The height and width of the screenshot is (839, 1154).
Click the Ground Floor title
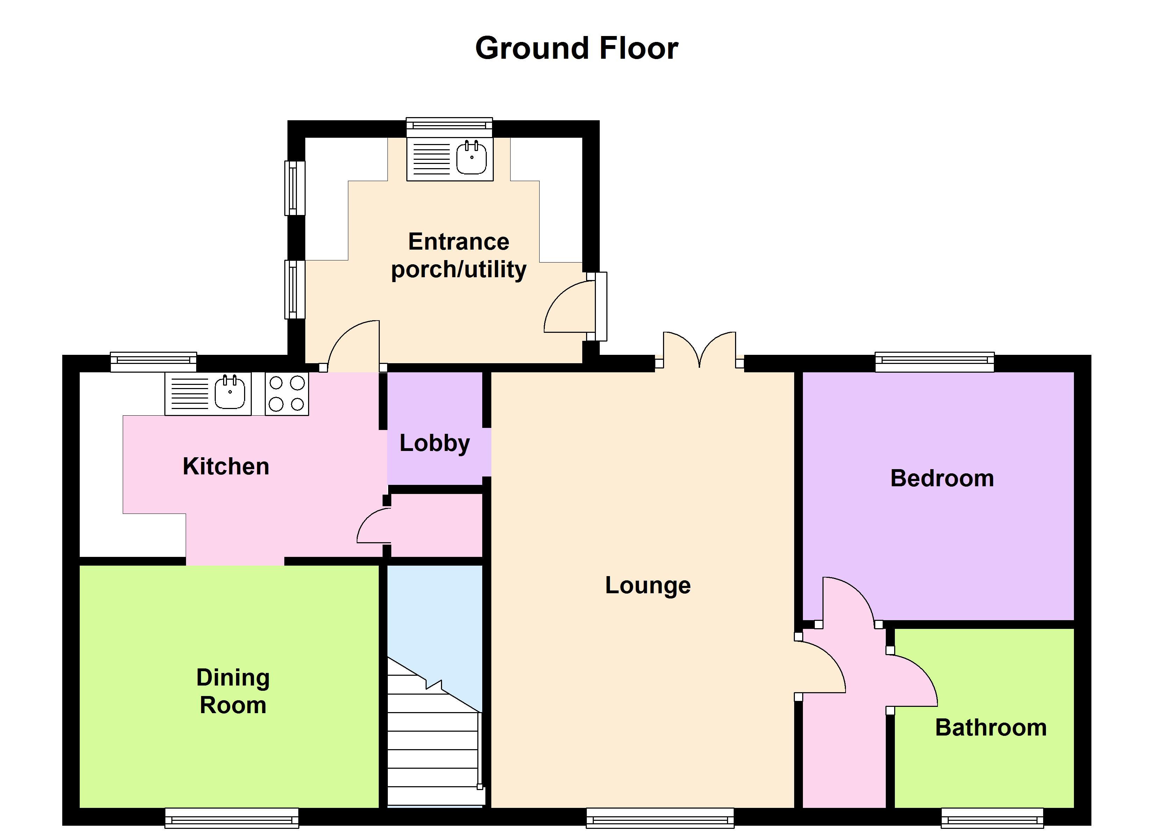(x=577, y=48)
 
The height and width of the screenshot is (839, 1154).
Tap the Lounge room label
(x=648, y=585)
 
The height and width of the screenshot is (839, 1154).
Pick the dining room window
(x=231, y=819)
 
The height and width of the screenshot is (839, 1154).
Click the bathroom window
(x=992, y=819)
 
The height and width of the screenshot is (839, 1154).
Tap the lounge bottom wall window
(x=660, y=819)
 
